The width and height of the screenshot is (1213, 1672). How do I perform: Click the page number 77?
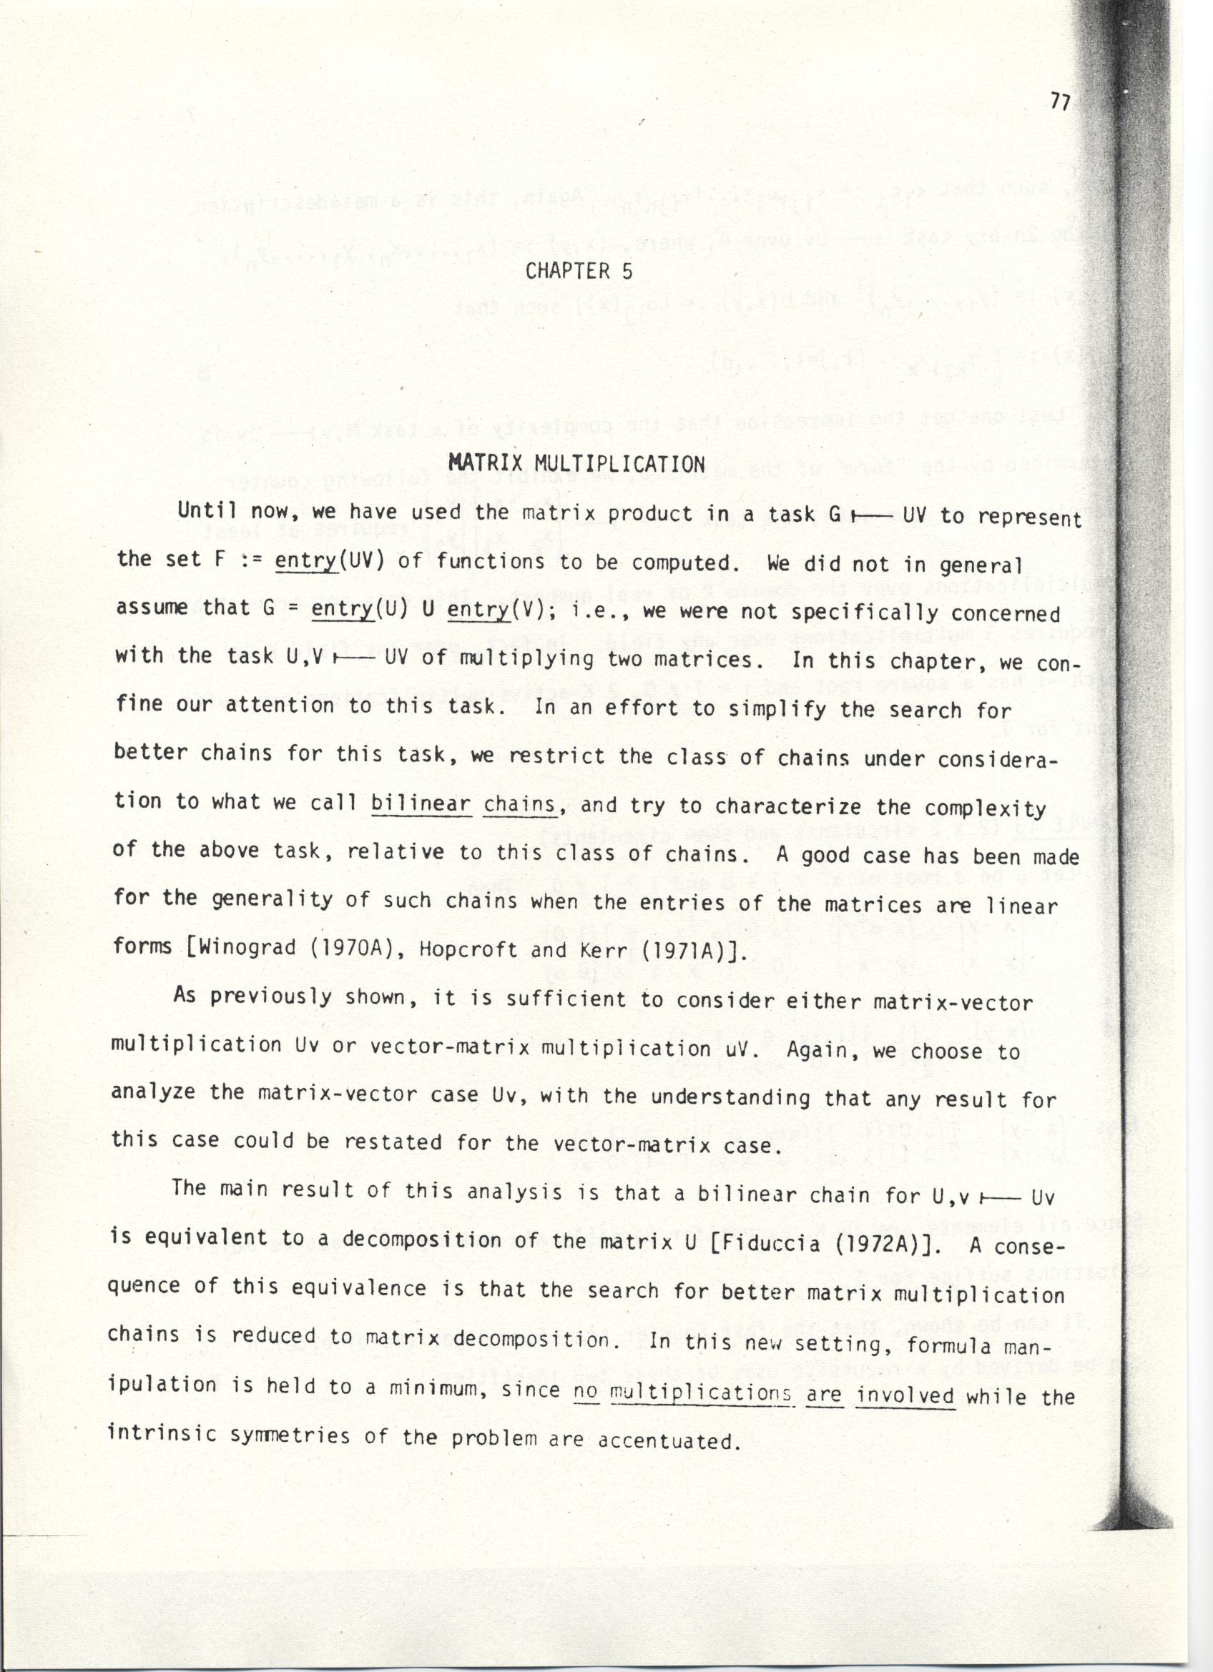[x=1059, y=102]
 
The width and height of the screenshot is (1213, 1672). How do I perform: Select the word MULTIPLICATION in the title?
[x=619, y=465]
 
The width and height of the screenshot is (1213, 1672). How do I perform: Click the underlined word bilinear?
[x=421, y=802]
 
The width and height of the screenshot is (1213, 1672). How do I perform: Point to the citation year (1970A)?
[x=343, y=947]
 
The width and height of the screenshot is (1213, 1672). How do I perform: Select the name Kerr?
[x=612, y=950]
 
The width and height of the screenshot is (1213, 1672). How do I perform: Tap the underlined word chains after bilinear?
[x=520, y=804]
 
